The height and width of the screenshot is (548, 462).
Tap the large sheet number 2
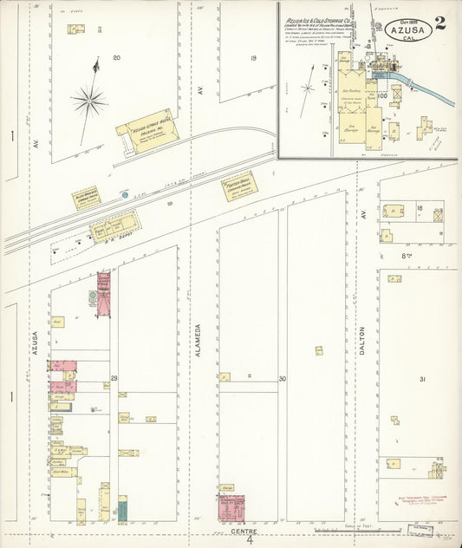coord(441,23)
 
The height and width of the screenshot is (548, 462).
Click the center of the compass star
coord(88,101)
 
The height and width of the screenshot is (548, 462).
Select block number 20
coord(116,59)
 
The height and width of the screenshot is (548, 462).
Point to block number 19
coord(253,59)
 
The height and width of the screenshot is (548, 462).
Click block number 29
coord(114,379)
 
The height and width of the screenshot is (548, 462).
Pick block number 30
coord(283,379)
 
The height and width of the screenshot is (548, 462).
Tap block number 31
coord(422,379)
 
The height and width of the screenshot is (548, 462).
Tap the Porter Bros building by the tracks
coord(238,186)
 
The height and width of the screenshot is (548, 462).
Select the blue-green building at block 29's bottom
coord(122,509)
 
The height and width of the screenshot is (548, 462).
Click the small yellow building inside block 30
coord(318,350)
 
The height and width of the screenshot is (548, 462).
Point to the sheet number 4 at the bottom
coord(249,540)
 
